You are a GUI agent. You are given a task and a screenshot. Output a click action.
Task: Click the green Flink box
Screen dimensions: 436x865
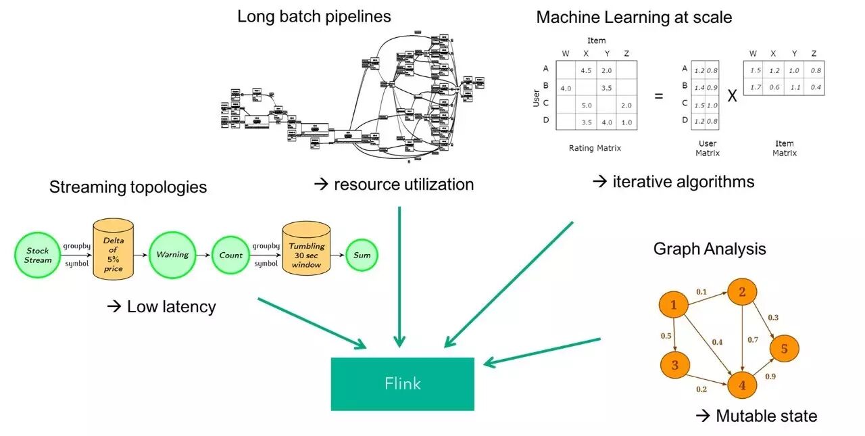pyautogui.click(x=402, y=383)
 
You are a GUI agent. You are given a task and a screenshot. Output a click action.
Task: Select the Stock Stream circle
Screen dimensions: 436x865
pyautogui.click(x=38, y=256)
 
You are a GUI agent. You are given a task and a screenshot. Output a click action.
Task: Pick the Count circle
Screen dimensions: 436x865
pyautogui.click(x=230, y=256)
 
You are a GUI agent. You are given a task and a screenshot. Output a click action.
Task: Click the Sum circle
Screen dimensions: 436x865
pyautogui.click(x=362, y=256)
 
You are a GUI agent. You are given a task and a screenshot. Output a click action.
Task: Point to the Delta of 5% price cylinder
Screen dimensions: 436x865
pyautogui.click(x=113, y=249)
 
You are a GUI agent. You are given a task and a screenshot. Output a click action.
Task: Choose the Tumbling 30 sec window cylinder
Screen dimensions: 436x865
pyautogui.click(x=306, y=249)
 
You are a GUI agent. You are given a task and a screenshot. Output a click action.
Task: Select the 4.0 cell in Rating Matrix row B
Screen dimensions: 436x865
pyautogui.click(x=566, y=88)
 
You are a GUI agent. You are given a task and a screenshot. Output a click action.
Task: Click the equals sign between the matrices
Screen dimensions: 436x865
pyautogui.click(x=658, y=96)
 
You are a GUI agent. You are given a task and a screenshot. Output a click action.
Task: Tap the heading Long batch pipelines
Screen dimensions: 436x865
pyautogui.click(x=314, y=16)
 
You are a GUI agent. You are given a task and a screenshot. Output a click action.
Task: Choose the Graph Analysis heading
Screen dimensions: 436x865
pyautogui.click(x=710, y=249)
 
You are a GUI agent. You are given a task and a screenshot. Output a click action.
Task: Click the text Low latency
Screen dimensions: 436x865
pyautogui.click(x=170, y=306)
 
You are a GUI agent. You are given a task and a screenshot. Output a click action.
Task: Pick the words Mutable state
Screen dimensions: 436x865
pyautogui.click(x=766, y=416)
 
